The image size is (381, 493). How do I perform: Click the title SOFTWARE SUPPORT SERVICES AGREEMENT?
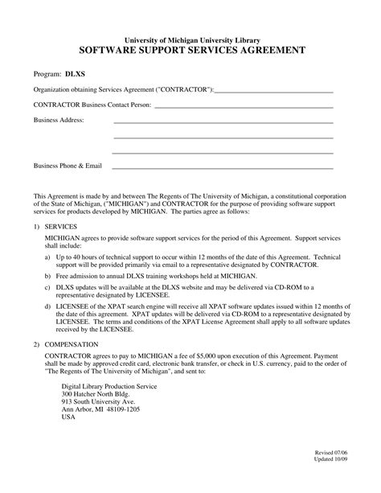click(x=191, y=50)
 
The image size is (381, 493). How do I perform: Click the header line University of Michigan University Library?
click(x=191, y=39)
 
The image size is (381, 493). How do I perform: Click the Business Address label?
click(x=58, y=120)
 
